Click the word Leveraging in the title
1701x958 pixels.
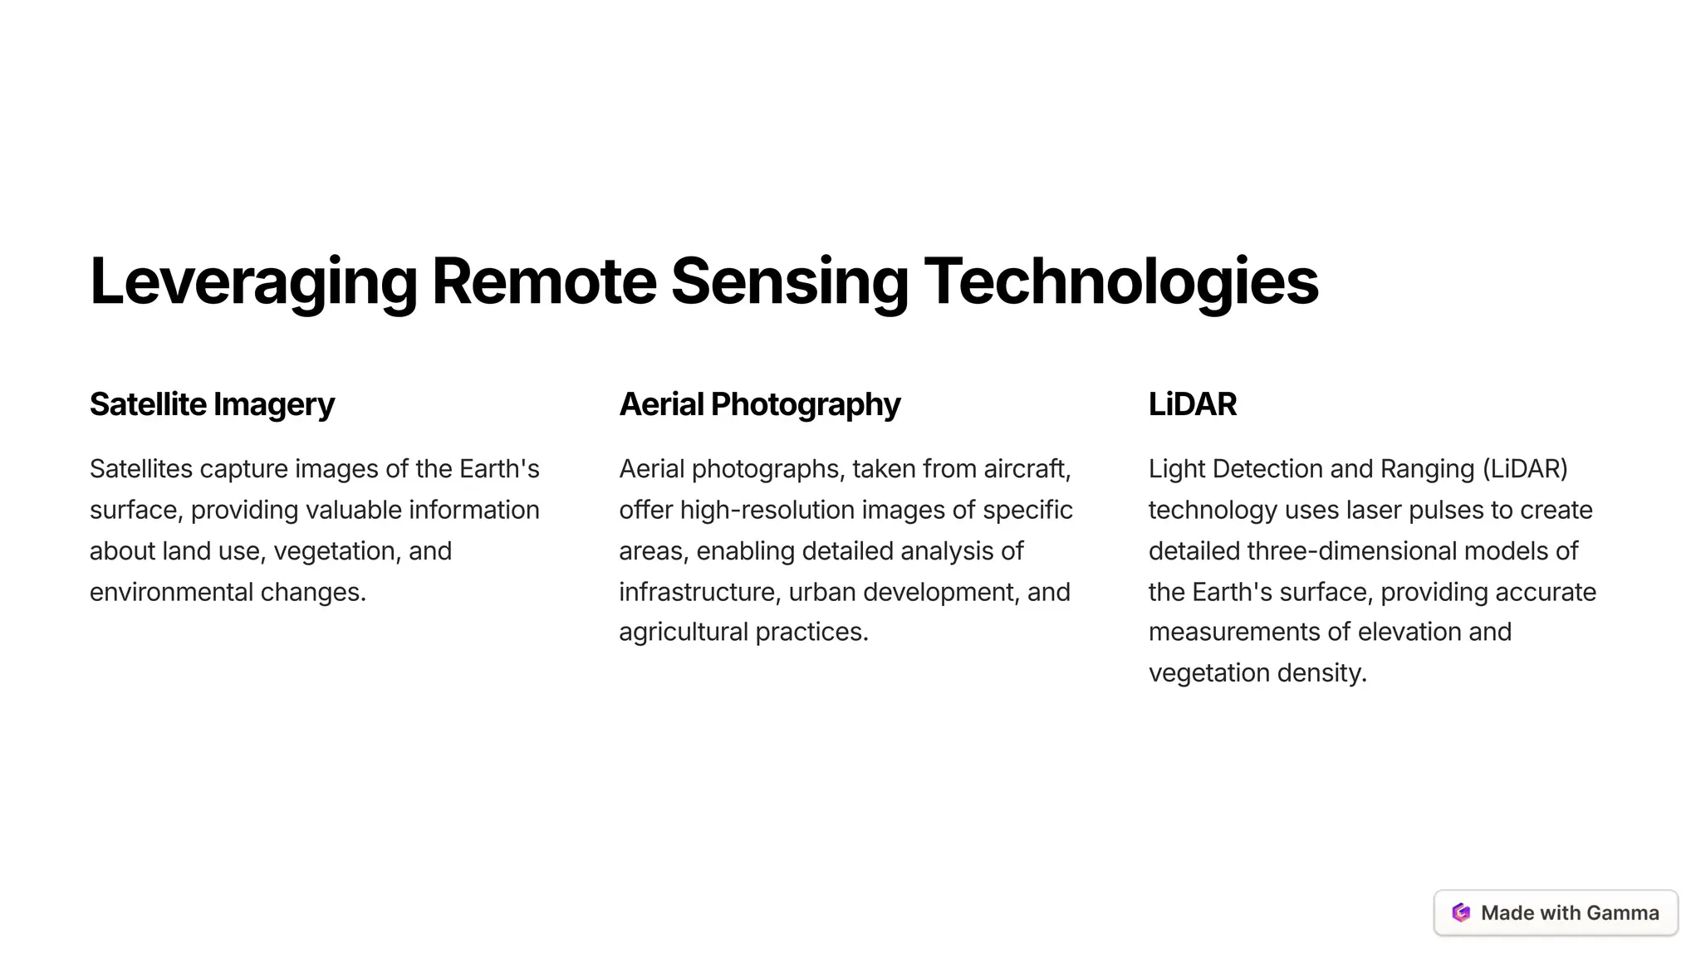(253, 282)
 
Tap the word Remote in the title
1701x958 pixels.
(544, 281)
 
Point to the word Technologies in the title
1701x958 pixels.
(1120, 282)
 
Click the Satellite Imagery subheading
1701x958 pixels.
(212, 404)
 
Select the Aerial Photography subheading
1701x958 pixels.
(759, 404)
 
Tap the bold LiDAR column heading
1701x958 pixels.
(1192, 404)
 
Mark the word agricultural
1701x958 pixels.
(684, 632)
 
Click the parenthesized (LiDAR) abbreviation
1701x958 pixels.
(1525, 469)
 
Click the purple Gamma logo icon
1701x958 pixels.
(1461, 912)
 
